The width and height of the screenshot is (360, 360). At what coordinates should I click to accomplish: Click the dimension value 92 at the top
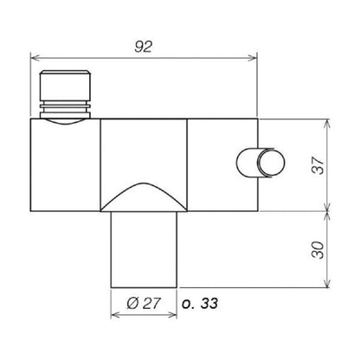pyautogui.click(x=145, y=48)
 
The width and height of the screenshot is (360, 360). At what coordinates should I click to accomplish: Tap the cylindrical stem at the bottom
pyautogui.click(x=145, y=251)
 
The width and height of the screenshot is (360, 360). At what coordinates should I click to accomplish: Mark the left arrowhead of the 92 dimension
pyautogui.click(x=35, y=59)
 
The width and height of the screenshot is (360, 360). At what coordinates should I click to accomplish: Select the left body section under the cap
pyautogui.click(x=66, y=169)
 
